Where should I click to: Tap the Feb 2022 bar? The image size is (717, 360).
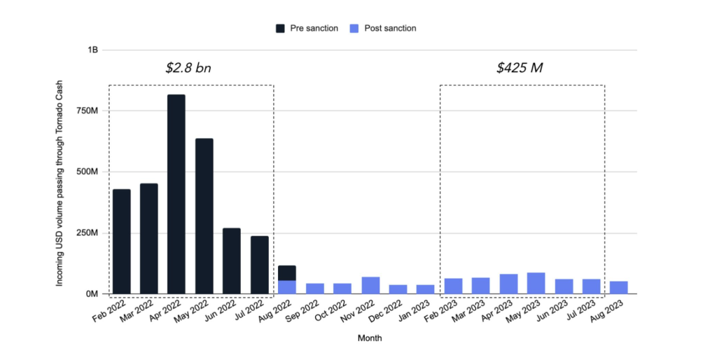coord(121,241)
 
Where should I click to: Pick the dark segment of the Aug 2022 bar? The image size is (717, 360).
coord(286,273)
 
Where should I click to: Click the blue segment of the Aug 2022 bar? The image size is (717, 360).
coord(286,286)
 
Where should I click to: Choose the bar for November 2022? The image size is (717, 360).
coord(370,285)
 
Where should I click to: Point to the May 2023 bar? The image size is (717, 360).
coord(536,283)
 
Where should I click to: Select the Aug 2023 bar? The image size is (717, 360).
coord(618,287)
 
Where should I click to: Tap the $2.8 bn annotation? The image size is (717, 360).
coord(188,68)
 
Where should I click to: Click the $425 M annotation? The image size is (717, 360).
coord(520,68)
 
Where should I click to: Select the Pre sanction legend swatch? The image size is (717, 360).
coord(280,29)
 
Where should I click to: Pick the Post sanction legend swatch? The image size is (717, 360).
coord(354,29)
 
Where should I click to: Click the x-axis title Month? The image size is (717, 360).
coord(369,338)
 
